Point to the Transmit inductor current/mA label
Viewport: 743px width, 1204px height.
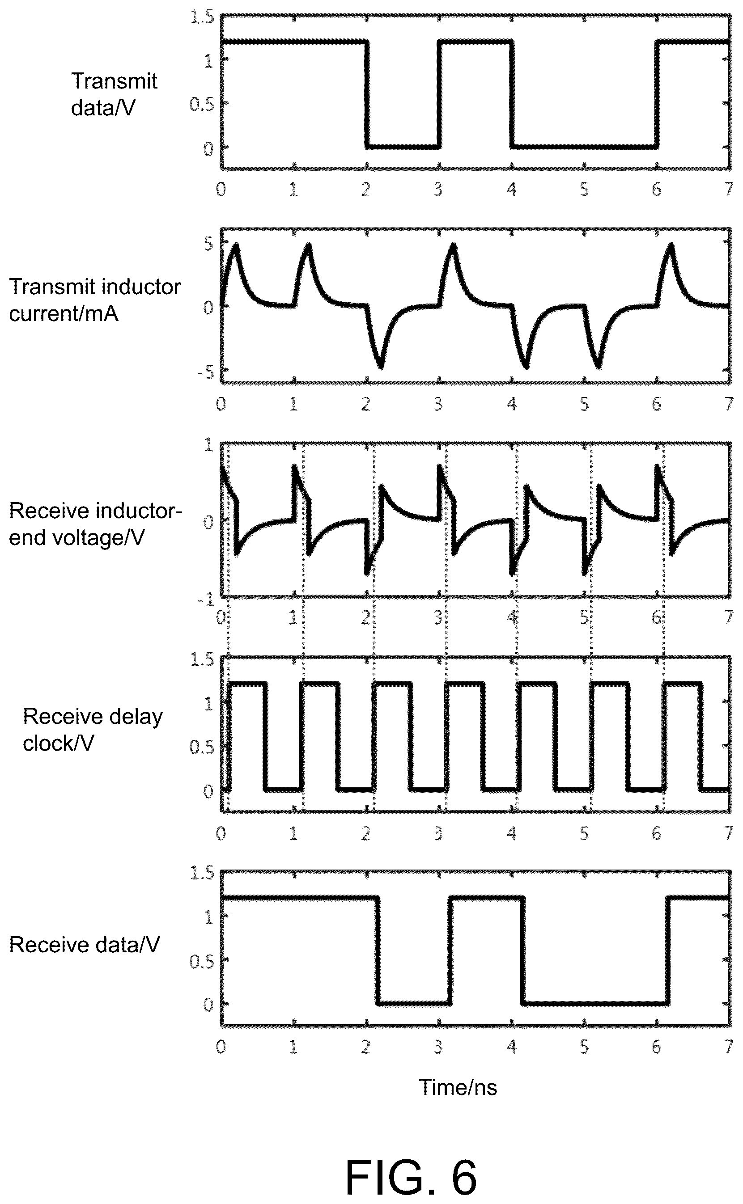pyautogui.click(x=95, y=300)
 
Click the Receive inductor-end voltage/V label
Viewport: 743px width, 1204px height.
pyautogui.click(x=96, y=524)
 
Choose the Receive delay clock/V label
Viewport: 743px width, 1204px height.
pyautogui.click(x=93, y=730)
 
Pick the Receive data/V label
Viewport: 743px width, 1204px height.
pyautogui.click(x=85, y=945)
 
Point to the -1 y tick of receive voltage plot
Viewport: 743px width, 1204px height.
pyautogui.click(x=206, y=600)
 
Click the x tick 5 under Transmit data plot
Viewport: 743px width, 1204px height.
pyautogui.click(x=584, y=190)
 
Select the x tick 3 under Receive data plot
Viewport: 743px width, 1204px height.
pyautogui.click(x=438, y=1047)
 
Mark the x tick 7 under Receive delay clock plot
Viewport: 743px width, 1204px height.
pyautogui.click(x=729, y=833)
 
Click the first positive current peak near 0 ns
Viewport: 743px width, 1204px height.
pyautogui.click(x=236, y=244)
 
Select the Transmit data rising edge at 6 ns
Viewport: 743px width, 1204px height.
pyautogui.click(x=657, y=94)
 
